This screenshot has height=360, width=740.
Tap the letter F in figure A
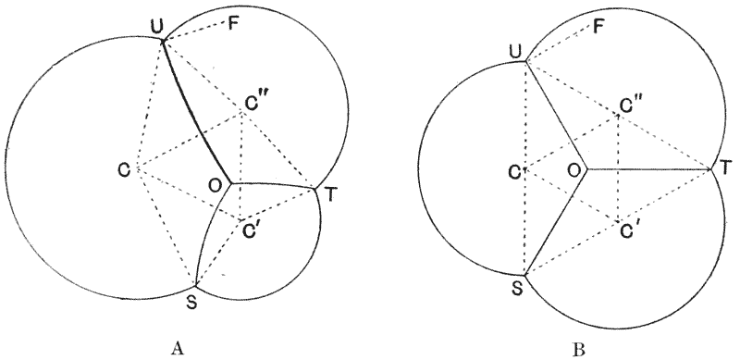(232, 24)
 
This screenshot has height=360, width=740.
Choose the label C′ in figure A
(252, 231)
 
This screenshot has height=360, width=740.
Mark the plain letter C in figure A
(124, 169)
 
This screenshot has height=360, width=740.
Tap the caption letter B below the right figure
(579, 350)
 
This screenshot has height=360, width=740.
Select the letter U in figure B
(516, 53)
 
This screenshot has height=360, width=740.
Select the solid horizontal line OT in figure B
(648, 168)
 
